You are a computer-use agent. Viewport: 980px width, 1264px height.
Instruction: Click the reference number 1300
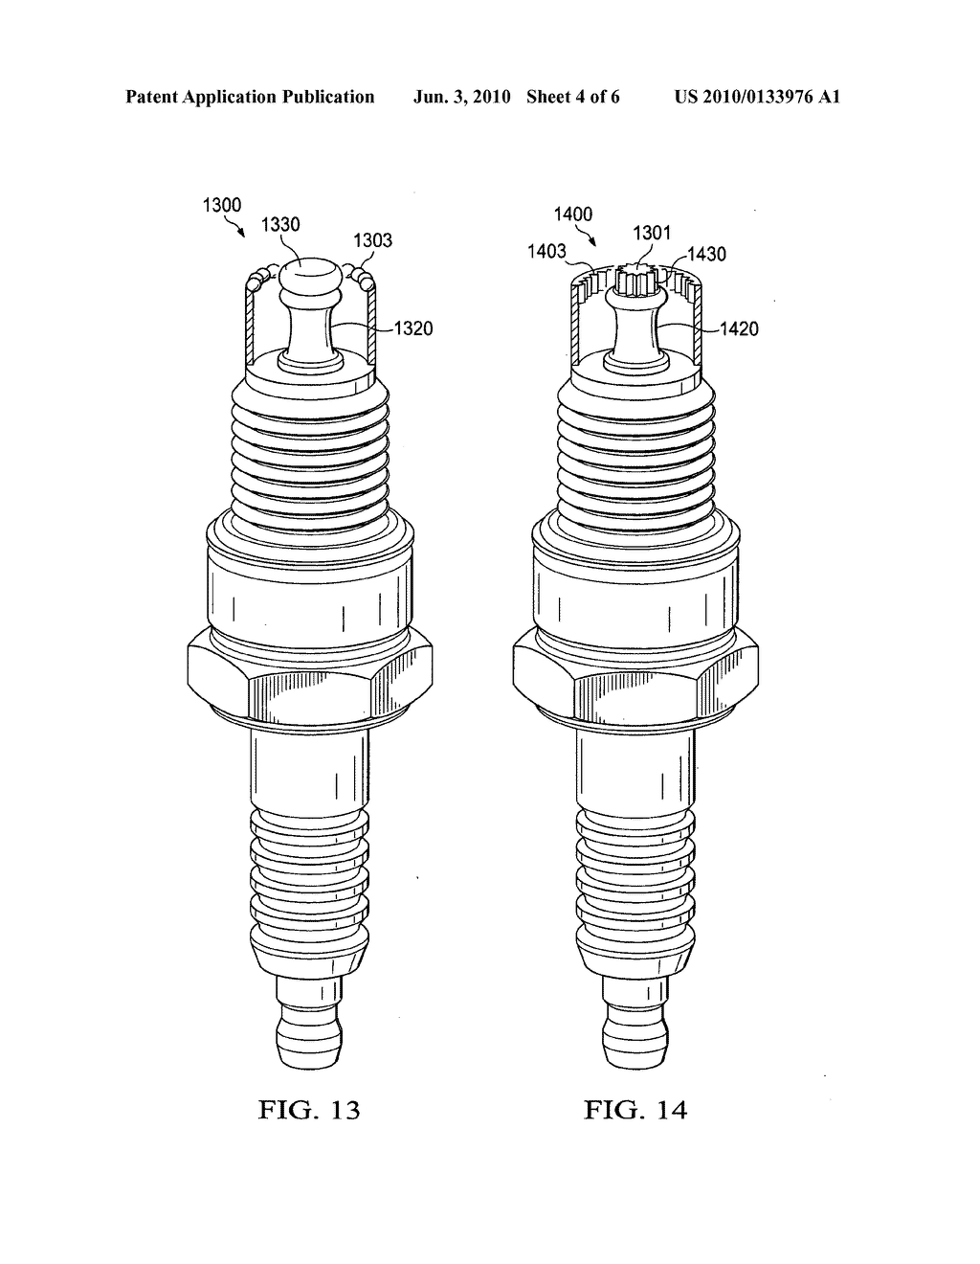pos(222,204)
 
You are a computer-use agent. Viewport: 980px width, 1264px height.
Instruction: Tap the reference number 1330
pos(280,225)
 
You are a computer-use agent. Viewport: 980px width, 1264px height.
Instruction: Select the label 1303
pos(373,240)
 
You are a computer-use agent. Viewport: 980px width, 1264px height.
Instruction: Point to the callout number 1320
pos(413,328)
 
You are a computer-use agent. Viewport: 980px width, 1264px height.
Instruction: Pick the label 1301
pos(652,233)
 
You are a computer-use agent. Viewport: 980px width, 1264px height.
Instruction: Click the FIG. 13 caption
pos(310,1110)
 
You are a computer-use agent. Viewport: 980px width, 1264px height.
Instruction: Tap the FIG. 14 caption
pos(636,1110)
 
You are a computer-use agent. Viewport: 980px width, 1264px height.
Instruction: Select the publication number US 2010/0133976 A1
pos(757,97)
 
